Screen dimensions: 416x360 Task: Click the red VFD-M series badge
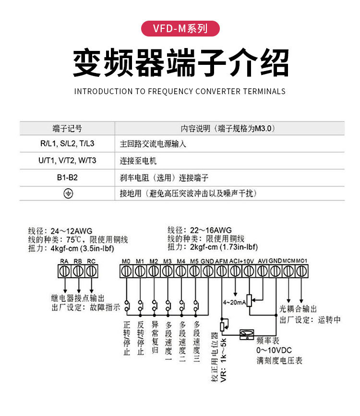point(180,28)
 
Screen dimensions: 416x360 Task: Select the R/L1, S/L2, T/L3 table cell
point(67,144)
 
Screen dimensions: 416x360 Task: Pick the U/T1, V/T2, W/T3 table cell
point(67,160)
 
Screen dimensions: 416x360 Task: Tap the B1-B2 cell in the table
point(67,177)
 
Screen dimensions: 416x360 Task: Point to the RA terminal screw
point(64,271)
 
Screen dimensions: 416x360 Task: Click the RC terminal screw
point(91,271)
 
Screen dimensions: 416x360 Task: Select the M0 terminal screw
point(126,271)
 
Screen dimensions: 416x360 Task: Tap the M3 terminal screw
point(167,271)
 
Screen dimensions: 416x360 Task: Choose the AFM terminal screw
point(221,271)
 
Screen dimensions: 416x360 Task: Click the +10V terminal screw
point(249,271)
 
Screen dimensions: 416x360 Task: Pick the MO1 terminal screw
point(301,271)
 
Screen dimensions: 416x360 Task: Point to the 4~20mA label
point(234,303)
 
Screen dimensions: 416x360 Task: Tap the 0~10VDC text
point(274,350)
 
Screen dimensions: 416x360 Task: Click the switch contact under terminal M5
point(195,305)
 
